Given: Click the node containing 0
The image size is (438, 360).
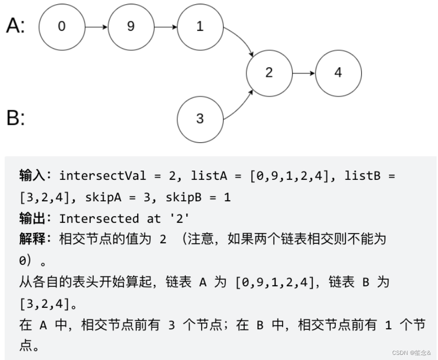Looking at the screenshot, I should [x=62, y=27].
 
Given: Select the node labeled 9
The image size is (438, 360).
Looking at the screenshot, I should [x=131, y=27].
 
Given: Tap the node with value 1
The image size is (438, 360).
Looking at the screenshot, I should [x=200, y=27].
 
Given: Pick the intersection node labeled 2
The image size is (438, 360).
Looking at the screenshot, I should [x=269, y=73].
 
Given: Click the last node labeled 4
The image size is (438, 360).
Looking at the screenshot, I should [x=338, y=73].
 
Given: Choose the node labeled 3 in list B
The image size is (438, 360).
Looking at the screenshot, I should [x=200, y=119].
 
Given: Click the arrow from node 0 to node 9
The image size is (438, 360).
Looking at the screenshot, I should [x=96, y=27].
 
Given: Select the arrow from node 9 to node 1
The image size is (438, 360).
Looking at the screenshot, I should [x=165, y=27].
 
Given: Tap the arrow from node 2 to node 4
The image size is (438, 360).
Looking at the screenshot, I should [x=304, y=73].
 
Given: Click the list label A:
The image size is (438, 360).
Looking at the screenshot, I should [x=15, y=26].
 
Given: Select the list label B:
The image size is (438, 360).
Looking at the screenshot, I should [x=15, y=118].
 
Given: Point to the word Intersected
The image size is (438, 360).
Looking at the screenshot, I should [x=99, y=218].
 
